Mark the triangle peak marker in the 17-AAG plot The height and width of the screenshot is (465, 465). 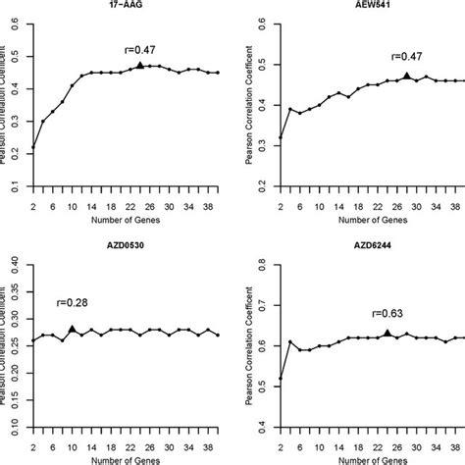140,65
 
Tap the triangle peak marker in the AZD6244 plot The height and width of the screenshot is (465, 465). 387,333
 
